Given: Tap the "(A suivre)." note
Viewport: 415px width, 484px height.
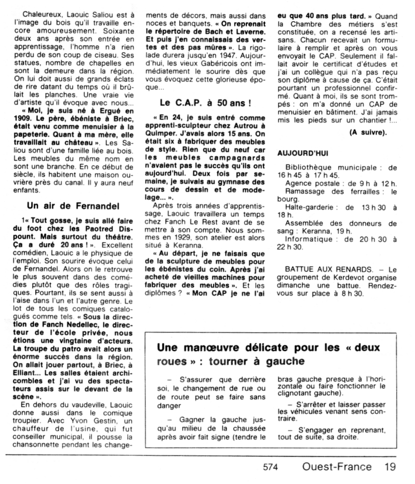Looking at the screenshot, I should click(368, 132).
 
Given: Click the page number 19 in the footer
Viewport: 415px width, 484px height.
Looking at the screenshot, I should click(390, 467).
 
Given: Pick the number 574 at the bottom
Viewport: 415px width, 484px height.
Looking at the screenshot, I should click(271, 468).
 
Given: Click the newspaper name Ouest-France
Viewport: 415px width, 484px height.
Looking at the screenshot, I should click(337, 467).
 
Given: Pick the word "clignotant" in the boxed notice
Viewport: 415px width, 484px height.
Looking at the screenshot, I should click(298, 392).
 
